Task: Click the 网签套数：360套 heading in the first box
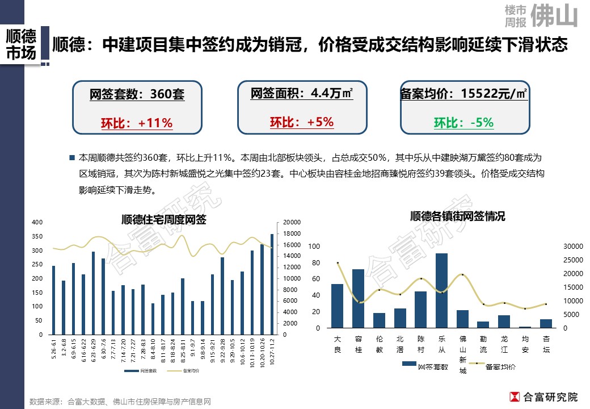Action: pyautogui.click(x=137, y=95)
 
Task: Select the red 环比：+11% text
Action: pyautogui.click(x=137, y=123)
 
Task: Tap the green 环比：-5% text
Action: pyautogui.click(x=463, y=123)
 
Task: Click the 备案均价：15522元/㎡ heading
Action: pyautogui.click(x=463, y=94)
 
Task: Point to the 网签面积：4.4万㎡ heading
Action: pyautogui.click(x=301, y=93)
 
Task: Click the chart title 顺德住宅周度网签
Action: pyautogui.click(x=164, y=220)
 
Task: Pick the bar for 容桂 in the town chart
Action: pyautogui.click(x=358, y=299)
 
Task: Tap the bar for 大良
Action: pyautogui.click(x=337, y=306)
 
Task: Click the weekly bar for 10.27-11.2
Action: pyautogui.click(x=272, y=284)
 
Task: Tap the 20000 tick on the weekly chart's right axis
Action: pyautogui.click(x=291, y=222)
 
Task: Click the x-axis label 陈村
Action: pyautogui.click(x=420, y=344)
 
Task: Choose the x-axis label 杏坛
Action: pyautogui.click(x=546, y=344)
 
